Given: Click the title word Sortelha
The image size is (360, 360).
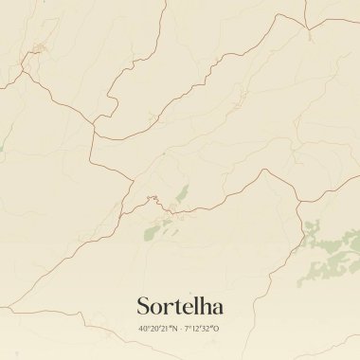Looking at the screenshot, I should coord(180,306).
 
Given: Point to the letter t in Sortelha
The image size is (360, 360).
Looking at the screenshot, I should coord(174,307).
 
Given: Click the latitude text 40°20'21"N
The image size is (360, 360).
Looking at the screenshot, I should coord(157,329).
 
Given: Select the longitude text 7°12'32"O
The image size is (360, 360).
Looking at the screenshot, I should coord(202,329).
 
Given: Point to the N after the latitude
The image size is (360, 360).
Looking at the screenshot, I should coord(174,329).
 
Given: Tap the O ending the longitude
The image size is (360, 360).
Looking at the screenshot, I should coord(218,329).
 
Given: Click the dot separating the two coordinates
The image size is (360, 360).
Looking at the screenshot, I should coord(180,329).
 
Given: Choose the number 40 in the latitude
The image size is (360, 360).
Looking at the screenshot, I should coord(143,329).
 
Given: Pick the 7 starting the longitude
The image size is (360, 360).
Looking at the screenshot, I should coord(187,329).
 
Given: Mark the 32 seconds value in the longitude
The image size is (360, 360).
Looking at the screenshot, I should coord(209,329).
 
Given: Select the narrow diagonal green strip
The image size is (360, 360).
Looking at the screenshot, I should coord(179,194).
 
